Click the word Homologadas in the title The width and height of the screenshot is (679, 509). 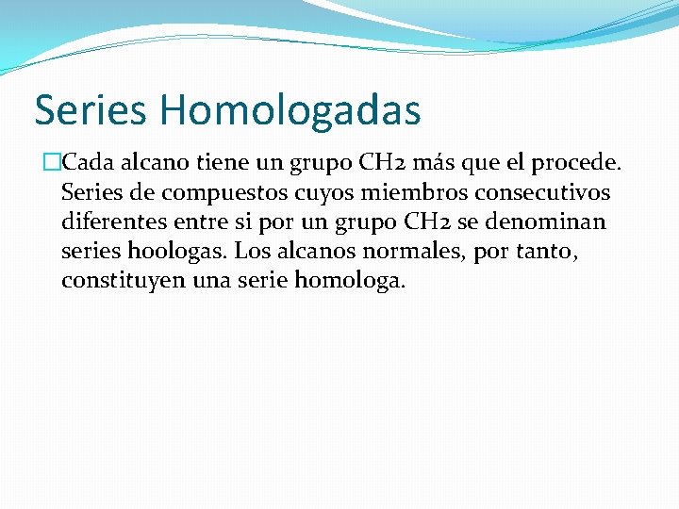tap(290, 110)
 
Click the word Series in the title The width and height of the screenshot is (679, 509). tap(90, 110)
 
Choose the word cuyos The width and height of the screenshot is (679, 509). tap(325, 193)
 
